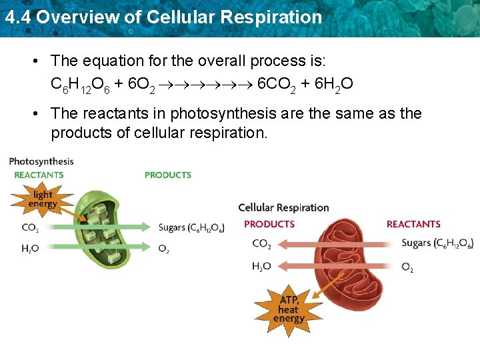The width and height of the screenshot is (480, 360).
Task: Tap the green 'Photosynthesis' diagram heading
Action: [x=41, y=161]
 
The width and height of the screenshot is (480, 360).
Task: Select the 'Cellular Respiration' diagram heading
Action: [x=283, y=207]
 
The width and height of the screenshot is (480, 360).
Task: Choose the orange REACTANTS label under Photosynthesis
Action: [x=39, y=175]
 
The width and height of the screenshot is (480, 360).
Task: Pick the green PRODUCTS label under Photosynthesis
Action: [x=168, y=175]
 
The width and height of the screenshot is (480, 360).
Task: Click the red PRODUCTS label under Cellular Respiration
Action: [x=269, y=224]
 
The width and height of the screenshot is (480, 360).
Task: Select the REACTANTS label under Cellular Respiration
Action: [x=413, y=224]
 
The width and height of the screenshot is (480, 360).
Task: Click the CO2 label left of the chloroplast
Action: [x=30, y=228]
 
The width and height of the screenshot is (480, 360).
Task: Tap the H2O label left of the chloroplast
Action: [x=30, y=249]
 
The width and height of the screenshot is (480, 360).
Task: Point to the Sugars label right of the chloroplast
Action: [x=191, y=228]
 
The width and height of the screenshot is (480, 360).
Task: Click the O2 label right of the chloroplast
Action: [x=163, y=249]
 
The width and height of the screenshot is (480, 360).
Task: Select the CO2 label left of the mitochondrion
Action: [x=261, y=244]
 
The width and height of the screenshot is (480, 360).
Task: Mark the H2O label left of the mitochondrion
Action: [x=261, y=266]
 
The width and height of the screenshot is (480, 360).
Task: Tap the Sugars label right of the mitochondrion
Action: [x=437, y=243]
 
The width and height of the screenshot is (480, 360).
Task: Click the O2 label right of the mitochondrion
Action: [x=407, y=267]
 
